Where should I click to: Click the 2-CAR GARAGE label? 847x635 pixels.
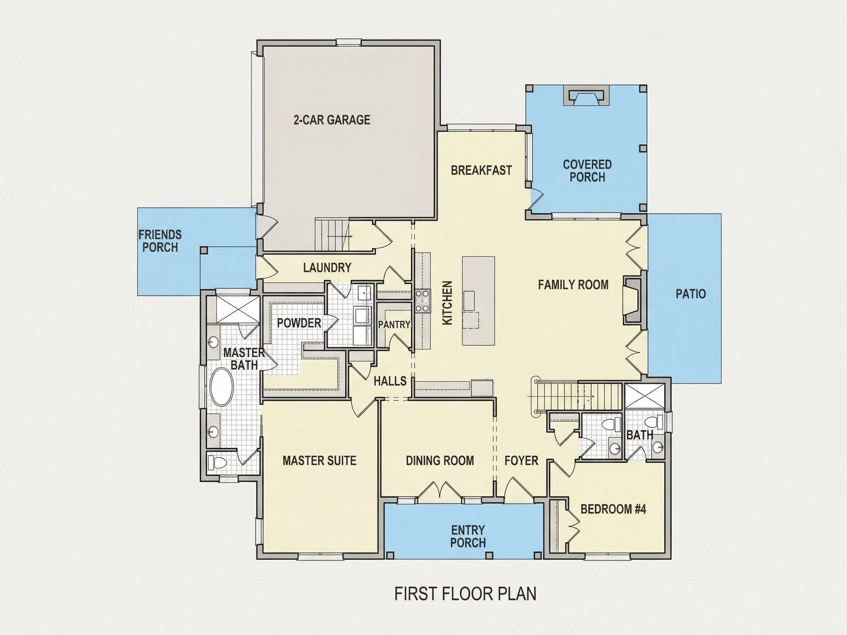click(332, 120)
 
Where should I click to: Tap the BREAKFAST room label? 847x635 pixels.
click(481, 171)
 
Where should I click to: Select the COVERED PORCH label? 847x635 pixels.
click(587, 171)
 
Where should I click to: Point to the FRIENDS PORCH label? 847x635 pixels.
click(160, 241)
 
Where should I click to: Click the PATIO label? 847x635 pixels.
click(690, 294)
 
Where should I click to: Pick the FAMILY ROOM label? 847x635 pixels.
click(573, 285)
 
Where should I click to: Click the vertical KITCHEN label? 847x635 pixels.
click(447, 303)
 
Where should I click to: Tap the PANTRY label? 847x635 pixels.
click(394, 324)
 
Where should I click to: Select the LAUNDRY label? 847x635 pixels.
click(327, 268)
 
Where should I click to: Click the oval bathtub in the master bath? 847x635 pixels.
click(222, 387)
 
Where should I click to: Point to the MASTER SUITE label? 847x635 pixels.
click(319, 460)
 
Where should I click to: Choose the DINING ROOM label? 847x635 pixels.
click(440, 460)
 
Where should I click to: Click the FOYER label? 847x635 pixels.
click(521, 460)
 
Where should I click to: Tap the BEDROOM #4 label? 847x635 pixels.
click(613, 509)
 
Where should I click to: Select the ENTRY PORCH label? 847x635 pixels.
click(468, 536)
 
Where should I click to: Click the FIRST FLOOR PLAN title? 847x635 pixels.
click(465, 594)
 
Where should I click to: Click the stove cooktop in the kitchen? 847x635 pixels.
click(423, 301)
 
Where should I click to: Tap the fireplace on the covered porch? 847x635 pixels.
click(586, 96)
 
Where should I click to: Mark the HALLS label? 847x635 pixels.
click(390, 381)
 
